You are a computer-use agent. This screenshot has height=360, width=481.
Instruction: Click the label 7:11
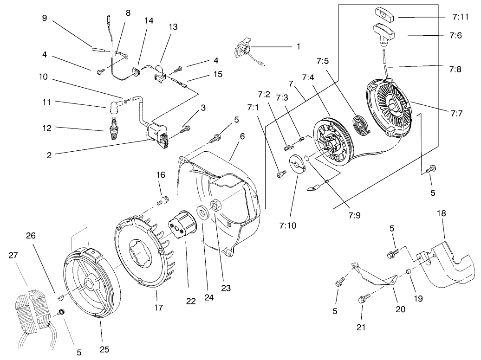coord(459,17)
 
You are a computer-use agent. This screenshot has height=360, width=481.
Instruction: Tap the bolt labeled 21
coord(363,300)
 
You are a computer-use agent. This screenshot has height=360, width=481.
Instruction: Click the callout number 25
coord(104,349)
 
